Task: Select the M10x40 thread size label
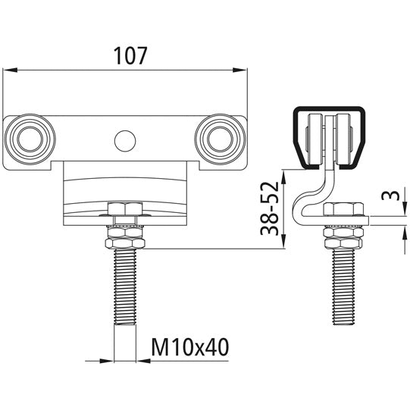click(x=189, y=347)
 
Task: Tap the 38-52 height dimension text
click(x=270, y=209)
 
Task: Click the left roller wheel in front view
click(x=30, y=138)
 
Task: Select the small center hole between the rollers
click(x=124, y=139)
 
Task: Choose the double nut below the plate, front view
click(x=125, y=240)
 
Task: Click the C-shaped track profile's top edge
click(x=327, y=108)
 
